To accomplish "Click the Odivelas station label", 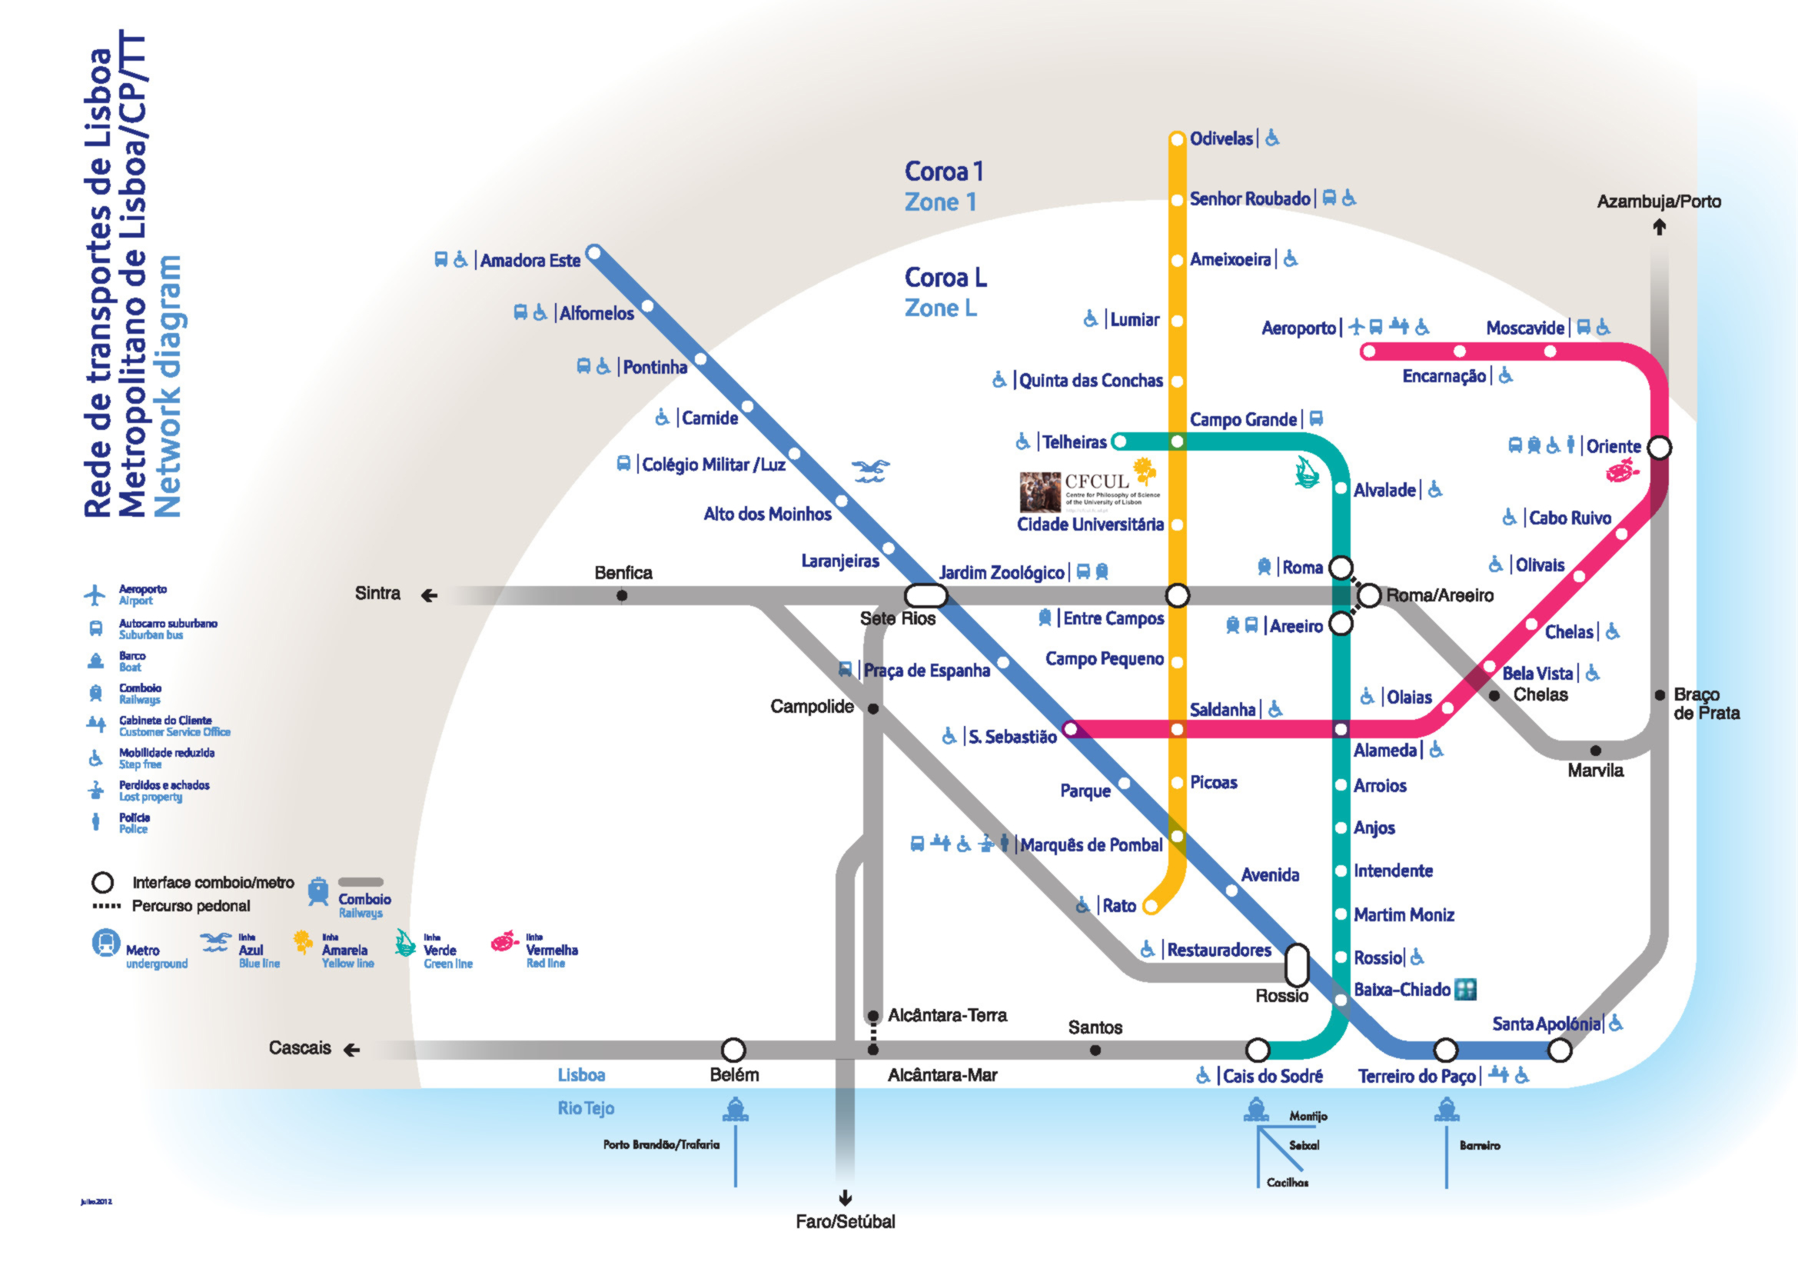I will point(1221,138).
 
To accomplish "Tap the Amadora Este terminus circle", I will point(594,253).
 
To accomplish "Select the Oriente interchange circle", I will point(1660,448).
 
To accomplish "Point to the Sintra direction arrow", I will point(428,596).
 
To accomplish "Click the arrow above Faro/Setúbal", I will point(845,1197).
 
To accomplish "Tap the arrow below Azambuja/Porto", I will point(1659,227).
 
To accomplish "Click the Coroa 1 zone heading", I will point(944,171).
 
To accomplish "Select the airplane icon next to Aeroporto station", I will point(1356,327).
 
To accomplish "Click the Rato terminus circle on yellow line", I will point(1151,906).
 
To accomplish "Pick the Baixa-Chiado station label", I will point(1402,989).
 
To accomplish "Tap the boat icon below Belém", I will point(735,1110).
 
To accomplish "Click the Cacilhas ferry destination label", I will point(1288,1183).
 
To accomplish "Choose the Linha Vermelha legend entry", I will point(537,950).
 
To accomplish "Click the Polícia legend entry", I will point(133,822).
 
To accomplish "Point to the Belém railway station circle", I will point(733,1049).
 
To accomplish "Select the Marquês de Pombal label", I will point(1090,845).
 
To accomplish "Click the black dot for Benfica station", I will point(622,596).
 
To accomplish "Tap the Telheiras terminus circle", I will point(1120,441).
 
